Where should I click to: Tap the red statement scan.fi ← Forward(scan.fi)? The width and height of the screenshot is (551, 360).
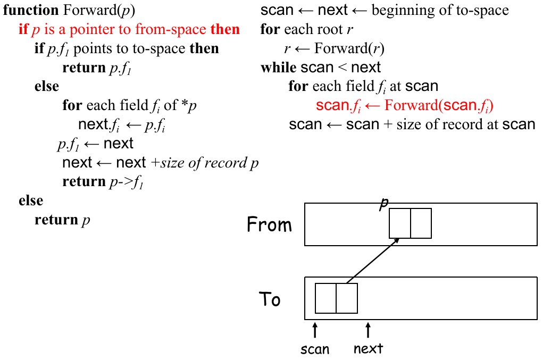[x=404, y=105]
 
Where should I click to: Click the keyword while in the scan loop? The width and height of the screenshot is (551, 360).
[x=278, y=68]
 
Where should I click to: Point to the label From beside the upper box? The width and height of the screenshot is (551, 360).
[x=270, y=225]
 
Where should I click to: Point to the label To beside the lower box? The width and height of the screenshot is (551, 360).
[x=270, y=299]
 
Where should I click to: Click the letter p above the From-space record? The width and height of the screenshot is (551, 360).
[x=382, y=205]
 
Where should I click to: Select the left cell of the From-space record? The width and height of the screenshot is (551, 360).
[x=400, y=223]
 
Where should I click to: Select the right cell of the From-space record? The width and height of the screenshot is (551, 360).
[x=421, y=223]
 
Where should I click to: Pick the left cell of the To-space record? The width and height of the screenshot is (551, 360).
[x=325, y=298]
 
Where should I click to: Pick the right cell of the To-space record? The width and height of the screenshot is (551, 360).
[x=347, y=298]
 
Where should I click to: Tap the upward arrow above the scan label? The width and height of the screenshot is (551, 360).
[x=315, y=330]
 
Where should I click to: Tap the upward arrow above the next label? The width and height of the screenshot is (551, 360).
[x=368, y=330]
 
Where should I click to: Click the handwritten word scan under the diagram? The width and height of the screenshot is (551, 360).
[x=315, y=349]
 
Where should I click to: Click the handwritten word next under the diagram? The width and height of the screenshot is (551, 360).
[x=368, y=349]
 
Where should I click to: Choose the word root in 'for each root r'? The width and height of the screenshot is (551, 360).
[x=328, y=29]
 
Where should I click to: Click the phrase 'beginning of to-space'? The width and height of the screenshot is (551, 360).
[x=440, y=10]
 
